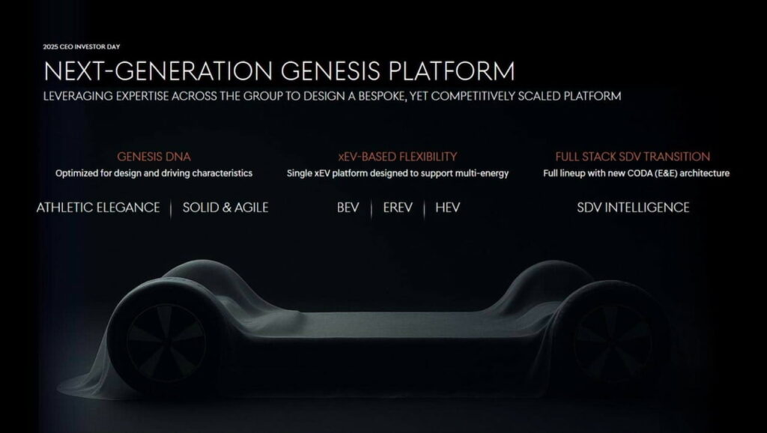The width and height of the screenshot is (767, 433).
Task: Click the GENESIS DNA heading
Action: (154, 157)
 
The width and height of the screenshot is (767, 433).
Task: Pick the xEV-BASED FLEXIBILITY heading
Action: (397, 157)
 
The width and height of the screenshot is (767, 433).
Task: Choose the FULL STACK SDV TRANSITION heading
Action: (632, 157)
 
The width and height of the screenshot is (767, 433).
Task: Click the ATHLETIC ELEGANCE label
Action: (98, 208)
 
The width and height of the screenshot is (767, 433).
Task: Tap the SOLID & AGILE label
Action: (225, 208)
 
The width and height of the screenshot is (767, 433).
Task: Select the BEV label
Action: (349, 208)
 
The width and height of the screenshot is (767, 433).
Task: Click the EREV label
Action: (398, 208)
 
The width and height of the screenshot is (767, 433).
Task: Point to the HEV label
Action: (447, 208)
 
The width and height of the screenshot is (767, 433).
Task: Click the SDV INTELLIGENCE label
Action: (633, 208)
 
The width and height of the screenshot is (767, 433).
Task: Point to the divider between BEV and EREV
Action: (371, 208)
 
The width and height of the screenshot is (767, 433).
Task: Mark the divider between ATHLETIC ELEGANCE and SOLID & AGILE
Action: (172, 208)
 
